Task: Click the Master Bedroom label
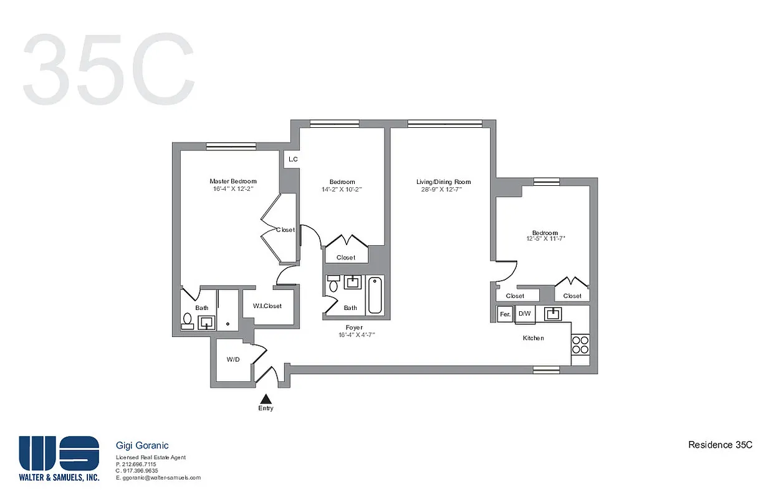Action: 232,182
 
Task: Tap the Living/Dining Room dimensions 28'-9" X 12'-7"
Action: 443,190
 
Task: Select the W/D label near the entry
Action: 233,359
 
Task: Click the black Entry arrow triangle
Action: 266,398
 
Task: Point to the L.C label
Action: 292,160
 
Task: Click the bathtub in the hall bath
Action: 375,295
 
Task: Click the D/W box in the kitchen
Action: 525,314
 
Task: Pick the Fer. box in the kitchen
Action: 505,314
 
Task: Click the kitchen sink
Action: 552,313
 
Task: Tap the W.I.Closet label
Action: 267,306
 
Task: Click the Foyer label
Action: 355,327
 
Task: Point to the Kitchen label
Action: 533,338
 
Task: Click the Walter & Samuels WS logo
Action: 59,453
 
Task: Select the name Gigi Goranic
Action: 142,445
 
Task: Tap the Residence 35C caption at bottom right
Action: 720,445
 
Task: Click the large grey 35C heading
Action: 109,71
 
